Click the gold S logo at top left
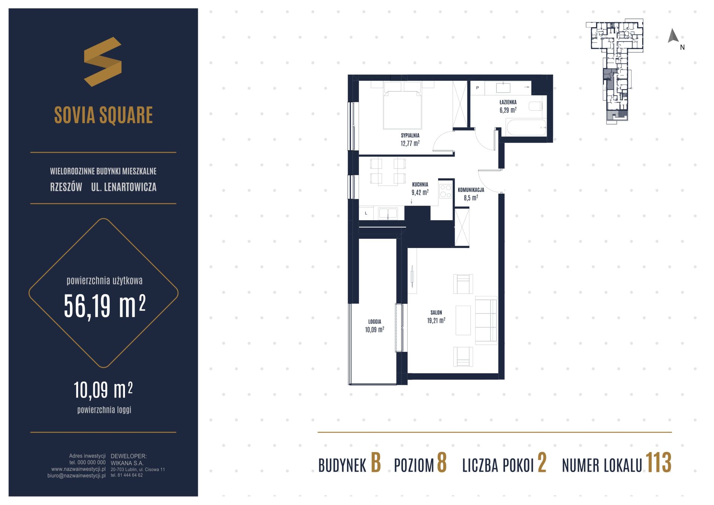pyautogui.click(x=103, y=62)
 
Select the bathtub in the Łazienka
pyautogui.click(x=526, y=127)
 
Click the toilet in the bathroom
pyautogui.click(x=535, y=106)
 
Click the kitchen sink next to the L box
pyautogui.click(x=388, y=213)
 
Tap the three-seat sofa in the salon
pyautogui.click(x=486, y=319)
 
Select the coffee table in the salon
pyautogui.click(x=463, y=320)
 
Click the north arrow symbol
pyautogui.click(x=673, y=36)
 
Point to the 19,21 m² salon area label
pyautogui.click(x=436, y=321)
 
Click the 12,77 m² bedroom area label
pyautogui.click(x=410, y=143)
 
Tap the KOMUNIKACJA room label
pyautogui.click(x=471, y=190)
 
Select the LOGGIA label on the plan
pyautogui.click(x=374, y=322)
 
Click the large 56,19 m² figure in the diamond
pyautogui.click(x=104, y=306)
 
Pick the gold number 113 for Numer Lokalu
pyautogui.click(x=658, y=463)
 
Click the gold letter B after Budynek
pyautogui.click(x=376, y=463)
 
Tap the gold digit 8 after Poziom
pyautogui.click(x=441, y=463)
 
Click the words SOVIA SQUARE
pyautogui.click(x=103, y=115)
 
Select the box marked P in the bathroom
pyautogui.click(x=477, y=88)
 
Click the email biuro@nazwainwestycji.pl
pyautogui.click(x=77, y=476)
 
